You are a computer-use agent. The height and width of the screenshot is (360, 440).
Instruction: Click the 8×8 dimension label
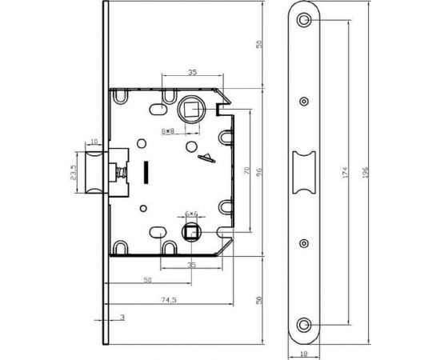pyautogui.click(x=168, y=130)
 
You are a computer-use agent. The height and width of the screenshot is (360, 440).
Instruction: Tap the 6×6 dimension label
pyautogui.click(x=191, y=214)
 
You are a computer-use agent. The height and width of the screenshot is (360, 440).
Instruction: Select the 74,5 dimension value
pyautogui.click(x=169, y=300)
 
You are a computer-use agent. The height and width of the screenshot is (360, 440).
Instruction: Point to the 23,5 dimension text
pyautogui.click(x=73, y=172)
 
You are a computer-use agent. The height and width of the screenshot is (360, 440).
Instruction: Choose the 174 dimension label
pyautogui.click(x=345, y=172)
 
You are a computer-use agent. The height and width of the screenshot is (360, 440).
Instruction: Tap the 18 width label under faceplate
pyautogui.click(x=304, y=354)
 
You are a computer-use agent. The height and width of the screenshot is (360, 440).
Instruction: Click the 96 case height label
pyautogui.click(x=259, y=172)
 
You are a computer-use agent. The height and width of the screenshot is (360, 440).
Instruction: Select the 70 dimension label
pyautogui.click(x=246, y=170)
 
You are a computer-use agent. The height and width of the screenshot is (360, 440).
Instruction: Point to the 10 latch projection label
pyautogui.click(x=94, y=141)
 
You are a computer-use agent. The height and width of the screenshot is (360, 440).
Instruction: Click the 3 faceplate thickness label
pyautogui.click(x=122, y=318)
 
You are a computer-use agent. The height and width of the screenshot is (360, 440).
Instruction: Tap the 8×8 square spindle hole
pyautogui.click(x=191, y=109)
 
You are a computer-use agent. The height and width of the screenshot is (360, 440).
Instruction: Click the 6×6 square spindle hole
pyautogui.click(x=191, y=232)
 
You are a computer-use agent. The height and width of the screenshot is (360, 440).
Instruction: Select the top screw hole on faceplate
pyautogui.click(x=304, y=20)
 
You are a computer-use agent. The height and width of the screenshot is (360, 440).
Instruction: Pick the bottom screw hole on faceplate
pyautogui.click(x=304, y=326)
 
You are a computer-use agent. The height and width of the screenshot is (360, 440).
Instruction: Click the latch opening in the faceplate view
pyautogui.click(x=304, y=173)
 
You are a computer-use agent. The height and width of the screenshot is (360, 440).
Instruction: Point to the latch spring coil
pyautogui.click(x=122, y=172)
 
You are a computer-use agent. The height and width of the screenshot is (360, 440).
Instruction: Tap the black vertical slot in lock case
pyautogui.click(x=146, y=173)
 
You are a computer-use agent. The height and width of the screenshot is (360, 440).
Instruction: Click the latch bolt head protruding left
pyautogui.click(x=94, y=172)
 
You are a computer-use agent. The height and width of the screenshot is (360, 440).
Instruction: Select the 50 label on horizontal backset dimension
pyautogui.click(x=148, y=280)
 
